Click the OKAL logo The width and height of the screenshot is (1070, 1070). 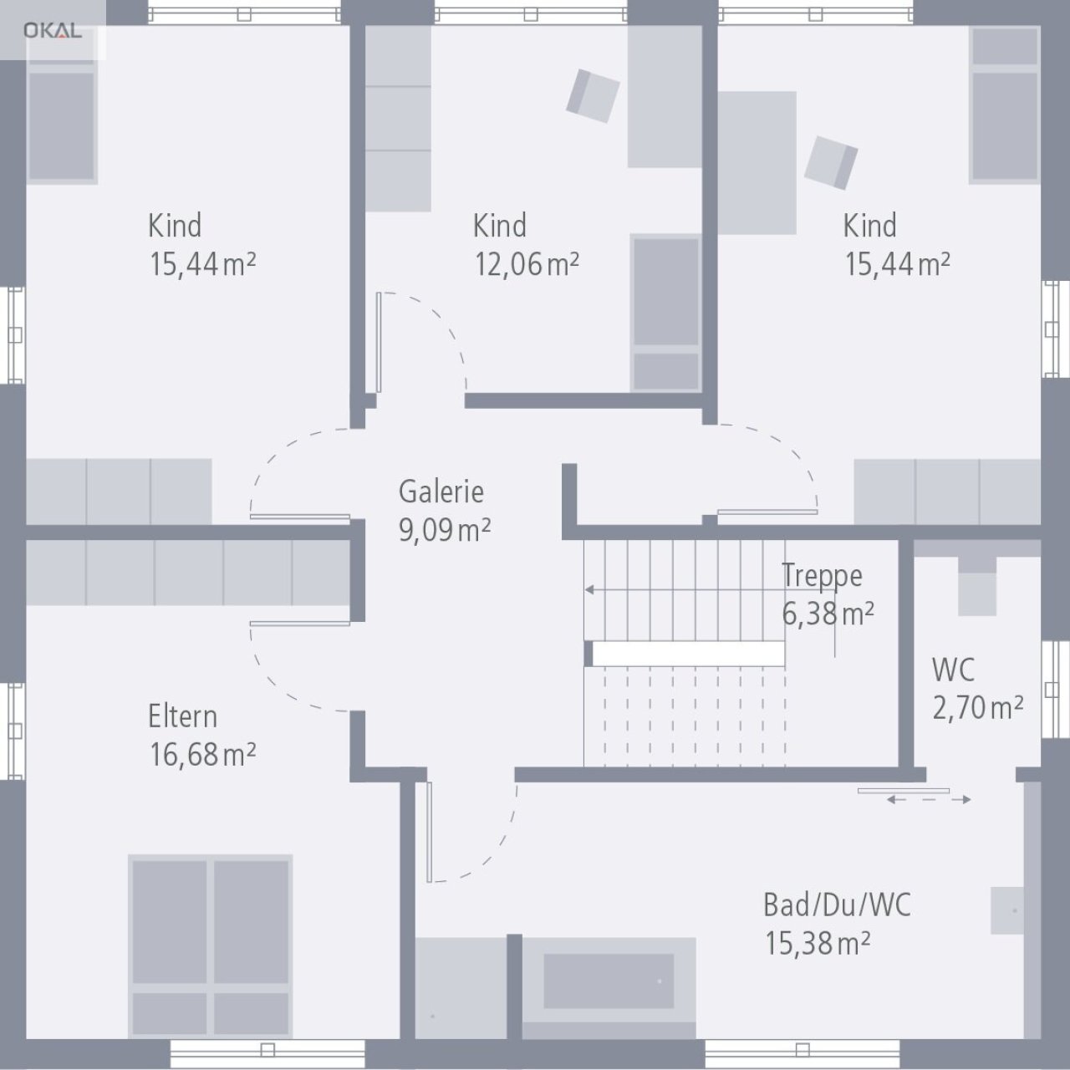pyautogui.click(x=52, y=31)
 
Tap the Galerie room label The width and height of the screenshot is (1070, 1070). pyautogui.click(x=441, y=492)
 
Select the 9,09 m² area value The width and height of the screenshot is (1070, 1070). pyautogui.click(x=444, y=530)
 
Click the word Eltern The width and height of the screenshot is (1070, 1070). pyautogui.click(x=182, y=716)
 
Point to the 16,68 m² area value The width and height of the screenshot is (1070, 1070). pyautogui.click(x=202, y=754)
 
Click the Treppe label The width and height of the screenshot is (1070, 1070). pyautogui.click(x=822, y=576)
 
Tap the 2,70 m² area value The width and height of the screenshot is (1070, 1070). pyautogui.click(x=978, y=708)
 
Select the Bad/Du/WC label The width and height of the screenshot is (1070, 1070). pyautogui.click(x=837, y=904)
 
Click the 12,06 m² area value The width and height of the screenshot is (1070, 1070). pyautogui.click(x=527, y=264)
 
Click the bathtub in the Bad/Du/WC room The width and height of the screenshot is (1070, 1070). pyautogui.click(x=609, y=981)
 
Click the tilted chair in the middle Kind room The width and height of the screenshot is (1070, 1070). pyautogui.click(x=593, y=95)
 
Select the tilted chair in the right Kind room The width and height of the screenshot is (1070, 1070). pyautogui.click(x=831, y=162)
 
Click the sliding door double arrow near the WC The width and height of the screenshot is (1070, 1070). pyautogui.click(x=929, y=800)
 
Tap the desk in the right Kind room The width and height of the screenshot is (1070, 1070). pyautogui.click(x=757, y=163)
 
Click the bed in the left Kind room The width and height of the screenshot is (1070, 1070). pyautogui.click(x=61, y=121)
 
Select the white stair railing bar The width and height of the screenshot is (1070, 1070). pyautogui.click(x=688, y=654)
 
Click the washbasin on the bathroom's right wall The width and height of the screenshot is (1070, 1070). pyautogui.click(x=1007, y=911)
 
